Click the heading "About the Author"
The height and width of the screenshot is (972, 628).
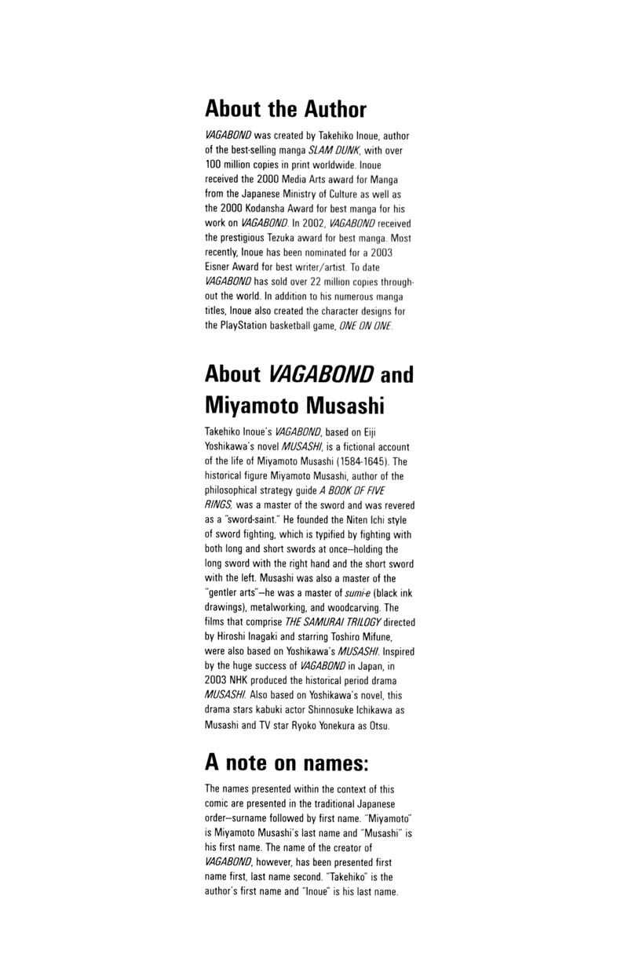(x=285, y=108)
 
